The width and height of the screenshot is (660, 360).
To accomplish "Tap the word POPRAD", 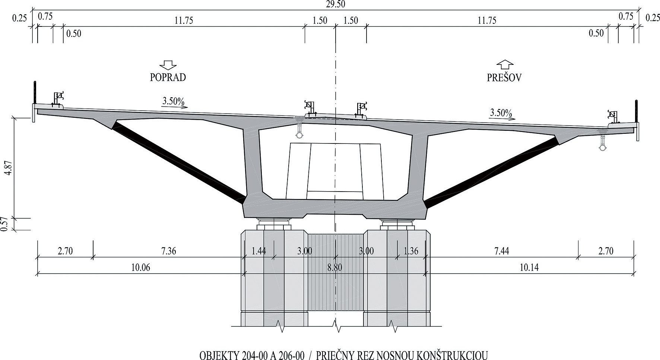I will pyautogui.click(x=168, y=77).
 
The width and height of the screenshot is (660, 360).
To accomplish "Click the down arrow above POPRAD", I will pyautogui.click(x=168, y=65).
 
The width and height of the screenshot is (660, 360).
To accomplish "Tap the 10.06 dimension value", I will pyautogui.click(x=141, y=268).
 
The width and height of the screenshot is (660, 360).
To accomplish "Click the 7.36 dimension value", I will pyautogui.click(x=168, y=251).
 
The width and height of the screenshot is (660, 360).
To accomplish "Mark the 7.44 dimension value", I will pyautogui.click(x=501, y=251).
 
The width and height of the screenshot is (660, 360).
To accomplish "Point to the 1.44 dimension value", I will pyautogui.click(x=258, y=251).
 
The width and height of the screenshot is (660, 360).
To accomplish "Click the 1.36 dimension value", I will pyautogui.click(x=411, y=251).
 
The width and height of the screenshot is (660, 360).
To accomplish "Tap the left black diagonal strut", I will pyautogui.click(x=179, y=162).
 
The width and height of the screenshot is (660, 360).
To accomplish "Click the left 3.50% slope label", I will pyautogui.click(x=174, y=101).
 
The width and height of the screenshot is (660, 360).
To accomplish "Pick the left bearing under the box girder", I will pyautogui.click(x=274, y=225).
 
